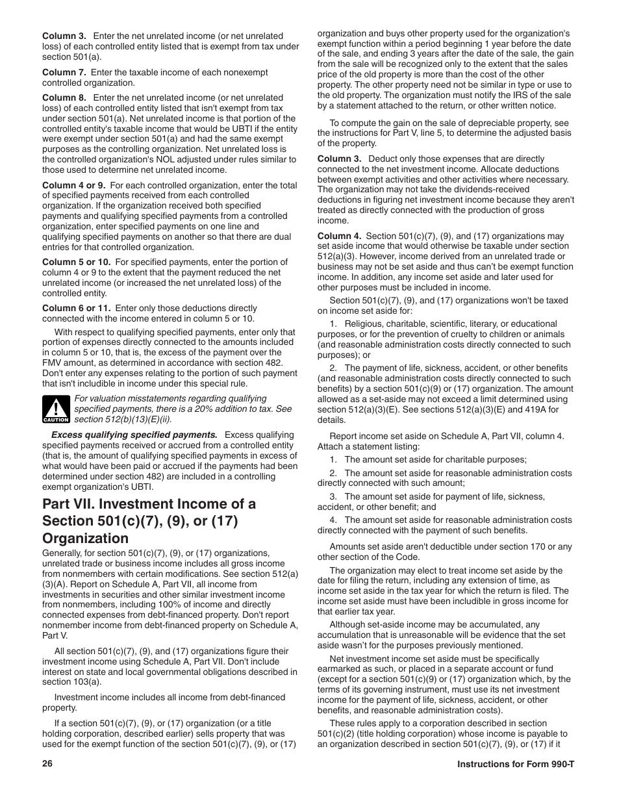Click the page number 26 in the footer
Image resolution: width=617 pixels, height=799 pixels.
(x=47, y=764)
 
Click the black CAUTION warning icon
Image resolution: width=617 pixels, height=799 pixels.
(x=57, y=409)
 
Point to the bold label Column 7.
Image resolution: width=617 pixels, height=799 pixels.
(x=64, y=72)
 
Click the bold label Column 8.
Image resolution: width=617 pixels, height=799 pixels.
(x=64, y=97)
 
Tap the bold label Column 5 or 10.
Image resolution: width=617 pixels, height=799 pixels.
(x=77, y=262)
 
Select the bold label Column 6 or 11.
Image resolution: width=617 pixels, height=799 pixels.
(x=77, y=308)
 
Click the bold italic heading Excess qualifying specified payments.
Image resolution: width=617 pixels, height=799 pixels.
(x=134, y=435)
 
